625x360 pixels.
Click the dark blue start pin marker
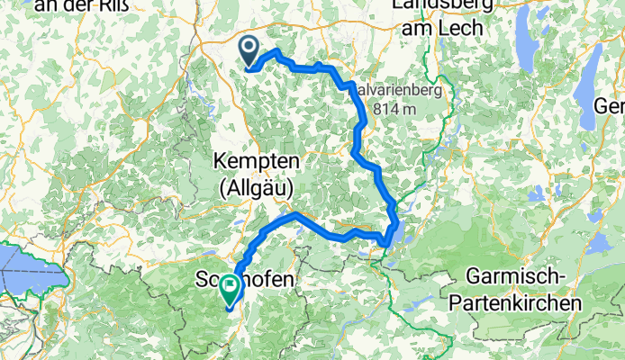pyautogui.click(x=249, y=49)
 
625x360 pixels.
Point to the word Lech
pyautogui.click(x=462, y=29)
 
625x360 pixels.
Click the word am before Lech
pyautogui.click(x=420, y=29)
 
